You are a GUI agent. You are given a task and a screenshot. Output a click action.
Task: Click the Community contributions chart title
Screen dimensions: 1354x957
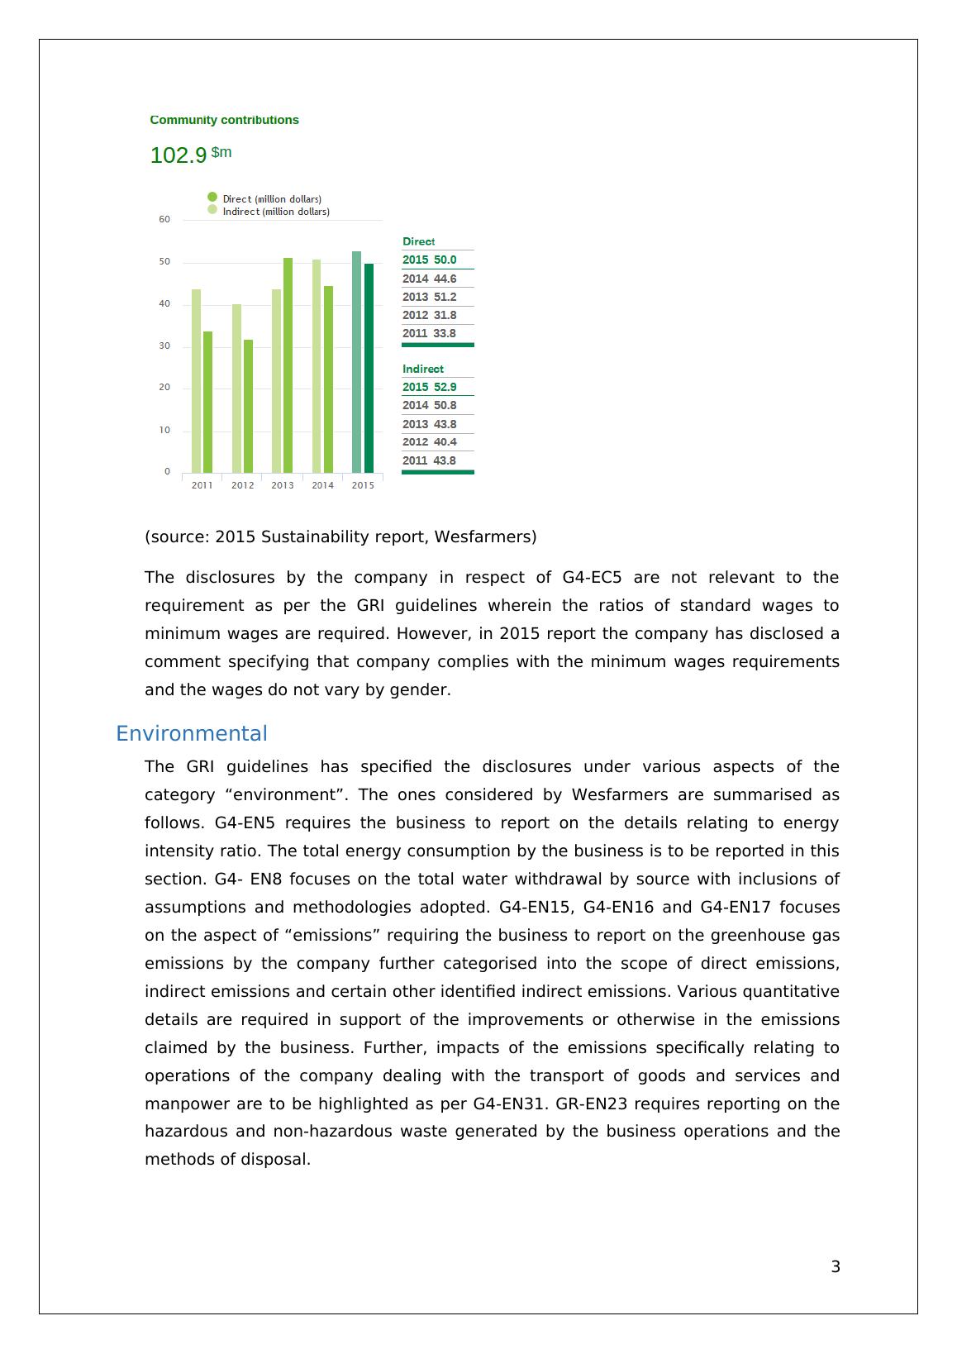pos(224,120)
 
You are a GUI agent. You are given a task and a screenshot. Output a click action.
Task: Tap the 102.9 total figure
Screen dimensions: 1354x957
pos(179,155)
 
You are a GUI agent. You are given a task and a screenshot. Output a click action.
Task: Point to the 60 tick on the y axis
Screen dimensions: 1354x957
pos(164,220)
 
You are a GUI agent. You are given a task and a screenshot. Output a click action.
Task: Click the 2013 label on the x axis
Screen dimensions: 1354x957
pos(283,485)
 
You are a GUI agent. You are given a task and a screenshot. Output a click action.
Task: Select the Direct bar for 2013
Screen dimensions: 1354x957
pos(288,365)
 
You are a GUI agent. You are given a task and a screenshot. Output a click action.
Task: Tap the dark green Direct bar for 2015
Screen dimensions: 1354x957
pos(369,369)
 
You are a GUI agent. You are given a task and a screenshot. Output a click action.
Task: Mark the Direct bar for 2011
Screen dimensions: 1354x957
pos(207,402)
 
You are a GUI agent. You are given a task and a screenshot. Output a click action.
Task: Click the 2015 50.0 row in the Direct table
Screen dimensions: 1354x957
pos(430,260)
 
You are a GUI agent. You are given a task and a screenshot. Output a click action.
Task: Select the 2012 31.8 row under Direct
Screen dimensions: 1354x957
pos(430,315)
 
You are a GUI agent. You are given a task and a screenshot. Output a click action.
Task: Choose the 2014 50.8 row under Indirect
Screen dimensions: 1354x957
pos(430,405)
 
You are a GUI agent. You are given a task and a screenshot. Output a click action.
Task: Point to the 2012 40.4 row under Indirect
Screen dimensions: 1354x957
pos(430,442)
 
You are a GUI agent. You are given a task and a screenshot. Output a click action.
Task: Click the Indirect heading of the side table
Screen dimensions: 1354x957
pos(423,369)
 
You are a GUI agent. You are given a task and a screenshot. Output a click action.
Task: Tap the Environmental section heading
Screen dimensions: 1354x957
pos(192,734)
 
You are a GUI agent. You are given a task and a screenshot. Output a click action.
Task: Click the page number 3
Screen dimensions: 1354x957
pos(836,1267)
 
